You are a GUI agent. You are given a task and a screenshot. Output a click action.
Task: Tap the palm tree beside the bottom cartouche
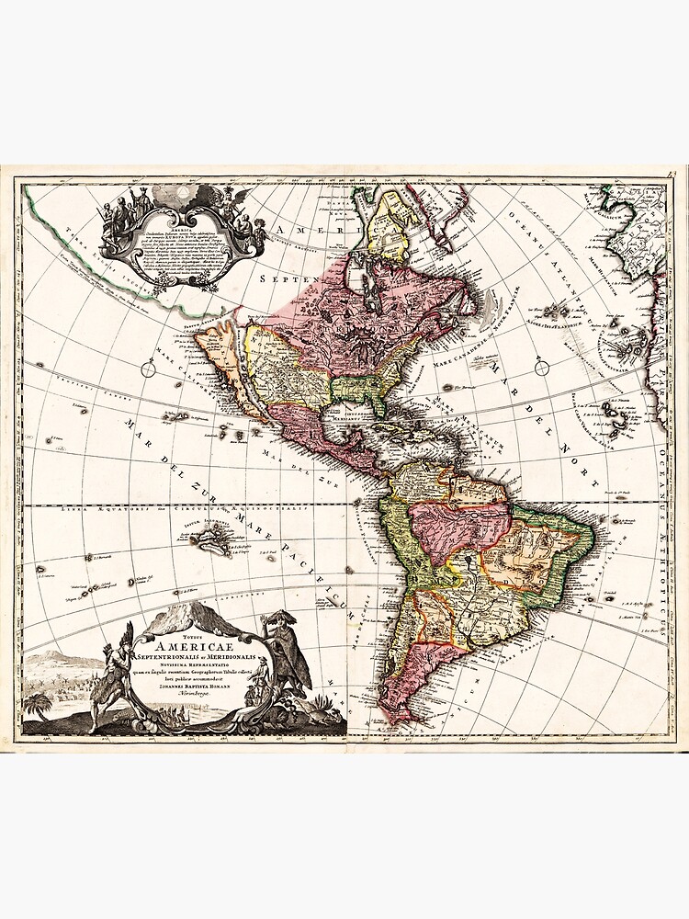click(39, 706)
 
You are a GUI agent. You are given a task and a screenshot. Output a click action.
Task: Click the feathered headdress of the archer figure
click(126, 633)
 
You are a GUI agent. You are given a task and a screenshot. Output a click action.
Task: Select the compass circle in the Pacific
click(148, 369)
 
